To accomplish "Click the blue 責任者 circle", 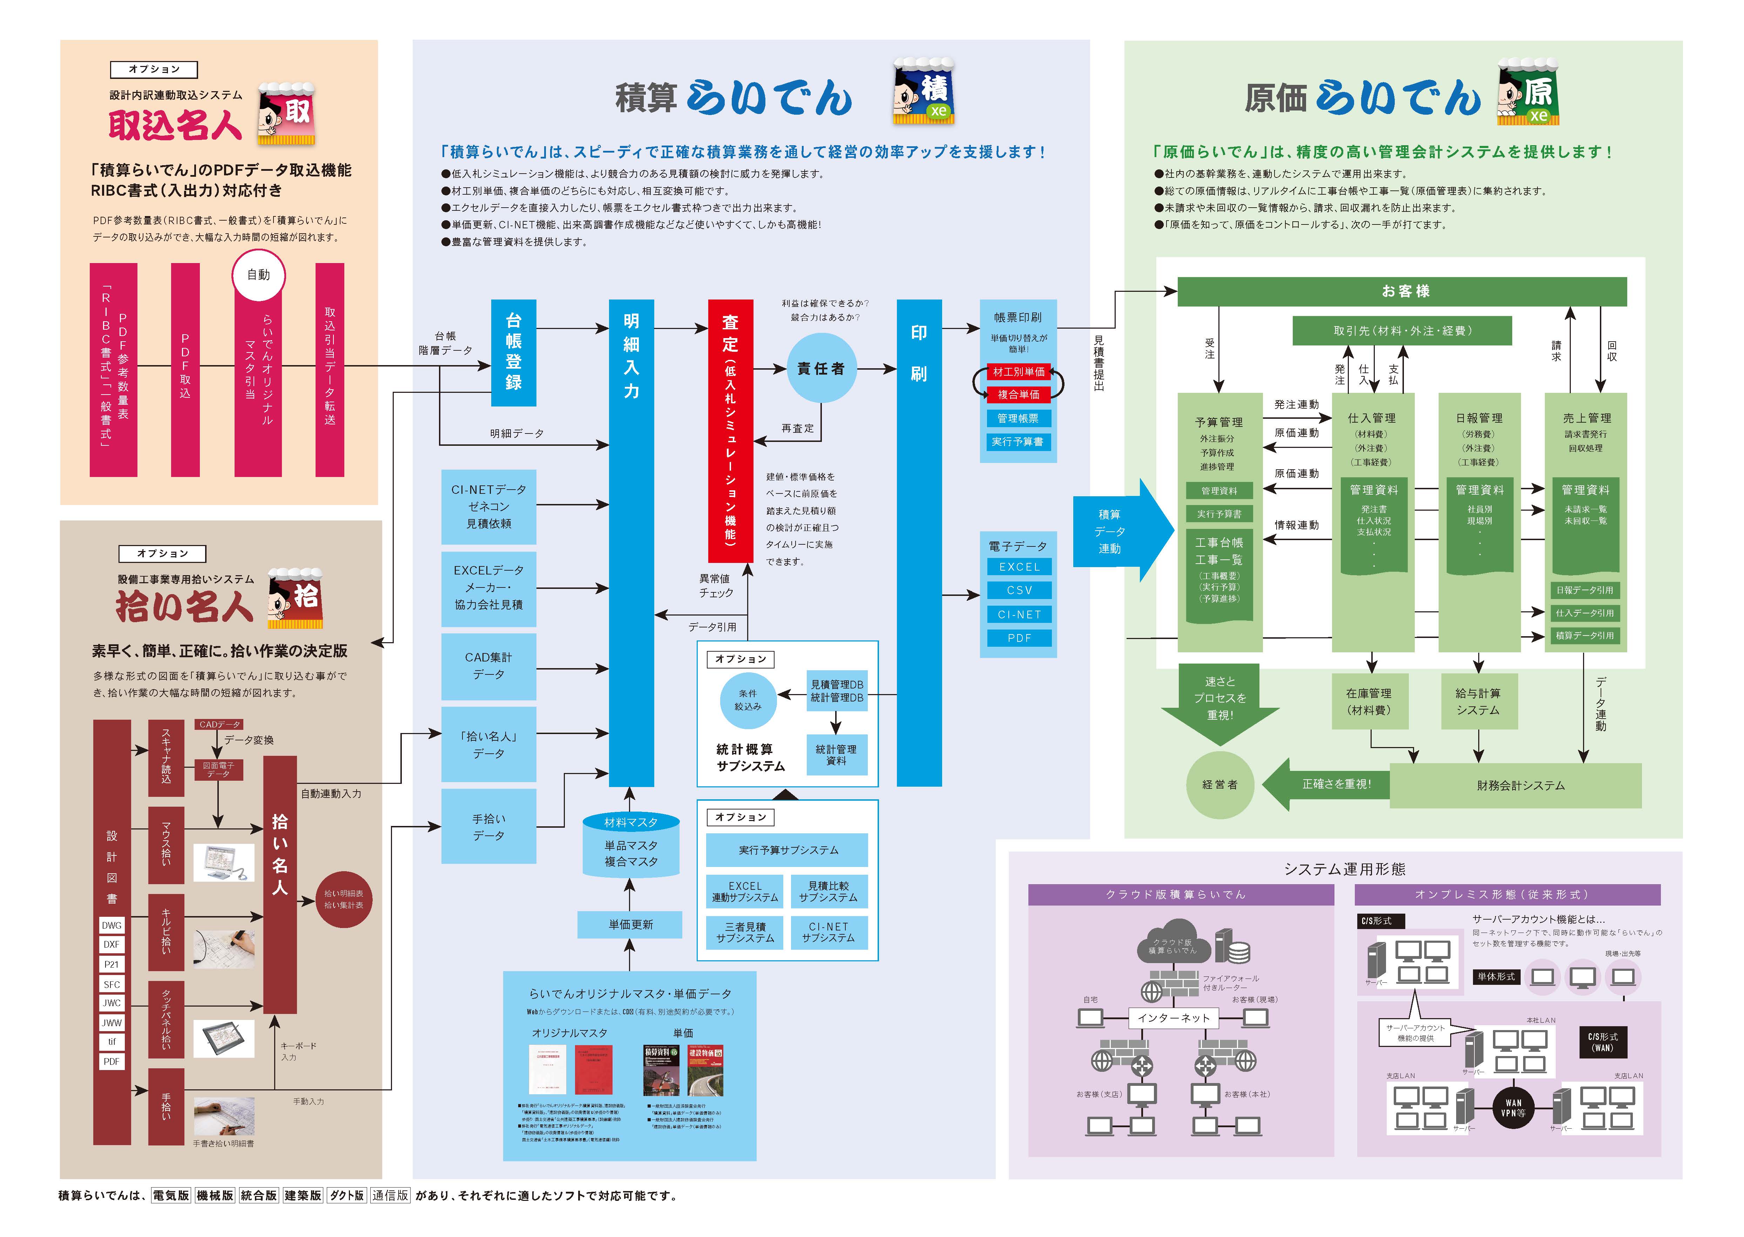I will click(x=821, y=369).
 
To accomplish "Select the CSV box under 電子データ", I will click(x=1019, y=590).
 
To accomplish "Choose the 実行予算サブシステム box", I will click(x=787, y=850).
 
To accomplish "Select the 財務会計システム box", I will click(x=1520, y=785).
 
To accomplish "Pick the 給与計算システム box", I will click(x=1478, y=701).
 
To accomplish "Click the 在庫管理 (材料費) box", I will click(x=1368, y=701).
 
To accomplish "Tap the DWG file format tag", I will click(x=111, y=926).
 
